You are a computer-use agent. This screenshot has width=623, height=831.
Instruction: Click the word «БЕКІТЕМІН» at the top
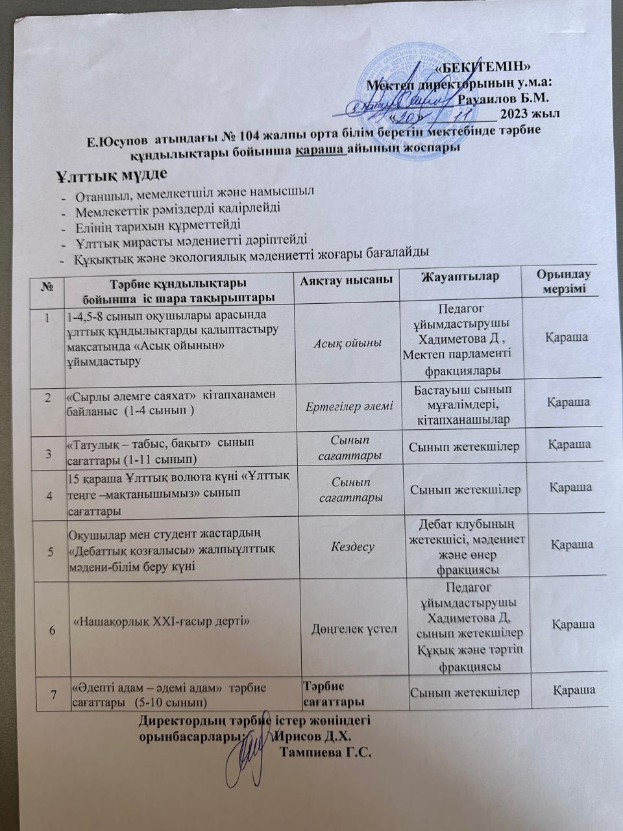tap(484, 66)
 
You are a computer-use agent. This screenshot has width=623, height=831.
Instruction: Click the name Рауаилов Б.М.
tap(504, 99)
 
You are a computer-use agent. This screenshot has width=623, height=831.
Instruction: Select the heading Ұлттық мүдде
tap(112, 175)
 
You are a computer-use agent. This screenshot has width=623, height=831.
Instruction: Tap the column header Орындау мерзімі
tap(563, 281)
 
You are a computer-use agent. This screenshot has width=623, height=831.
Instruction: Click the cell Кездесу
tap(352, 547)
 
